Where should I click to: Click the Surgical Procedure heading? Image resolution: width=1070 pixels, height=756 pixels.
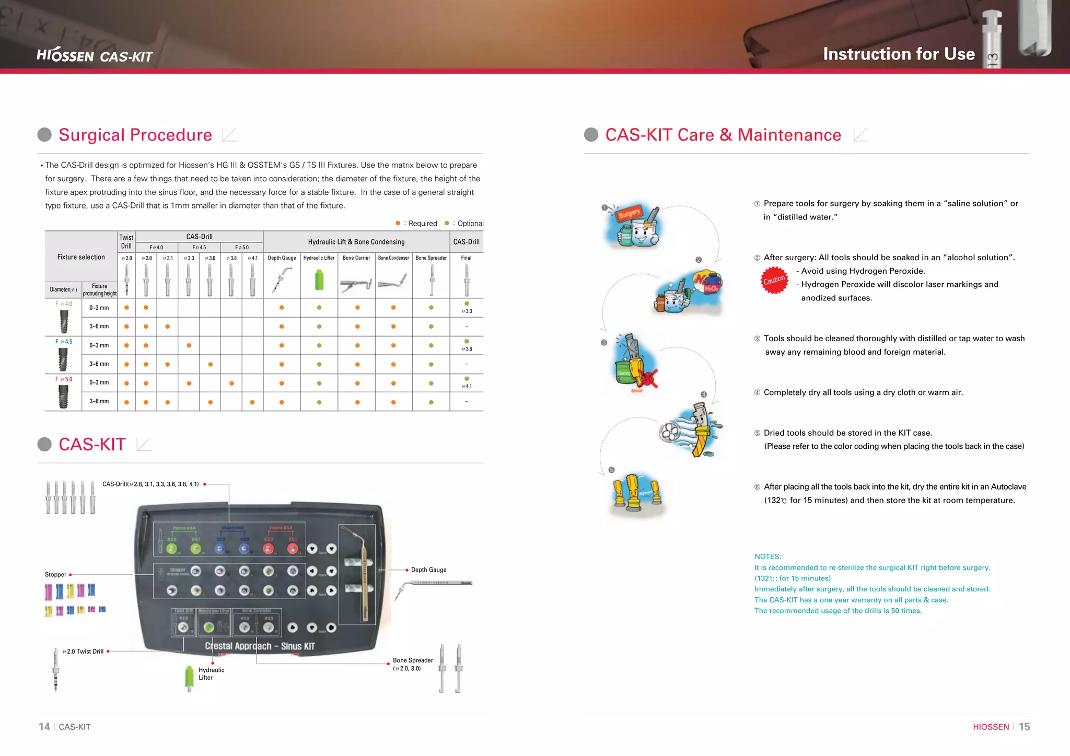pos(135,135)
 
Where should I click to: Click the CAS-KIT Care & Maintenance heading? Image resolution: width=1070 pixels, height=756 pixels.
pos(723,135)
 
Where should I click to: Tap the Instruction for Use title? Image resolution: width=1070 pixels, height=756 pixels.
pos(899,54)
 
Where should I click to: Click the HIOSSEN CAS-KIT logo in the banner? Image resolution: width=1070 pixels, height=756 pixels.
pos(95,55)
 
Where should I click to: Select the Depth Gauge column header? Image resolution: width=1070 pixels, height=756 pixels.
pos(282,258)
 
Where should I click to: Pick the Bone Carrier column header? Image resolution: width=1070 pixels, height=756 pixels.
pos(356,258)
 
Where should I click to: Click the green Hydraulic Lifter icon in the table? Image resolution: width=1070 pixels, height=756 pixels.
pos(319,280)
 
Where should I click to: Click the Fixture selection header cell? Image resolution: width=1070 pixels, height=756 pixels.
pos(81,257)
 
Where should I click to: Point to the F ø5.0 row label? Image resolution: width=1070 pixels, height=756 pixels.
pos(64,379)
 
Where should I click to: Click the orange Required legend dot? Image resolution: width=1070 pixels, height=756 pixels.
pos(398,223)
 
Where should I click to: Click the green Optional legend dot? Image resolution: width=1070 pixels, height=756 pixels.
pos(447,223)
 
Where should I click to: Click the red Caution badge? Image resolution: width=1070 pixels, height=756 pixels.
pos(774,280)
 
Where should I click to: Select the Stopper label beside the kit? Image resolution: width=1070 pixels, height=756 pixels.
pos(55,574)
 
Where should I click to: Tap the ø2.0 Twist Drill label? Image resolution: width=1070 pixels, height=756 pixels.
pos(83,652)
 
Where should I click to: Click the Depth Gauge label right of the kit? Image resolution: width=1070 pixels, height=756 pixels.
pos(428,569)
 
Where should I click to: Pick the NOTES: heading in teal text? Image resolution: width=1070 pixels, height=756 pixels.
pos(767,556)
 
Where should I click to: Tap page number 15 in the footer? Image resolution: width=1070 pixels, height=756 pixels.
pos(1024,727)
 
